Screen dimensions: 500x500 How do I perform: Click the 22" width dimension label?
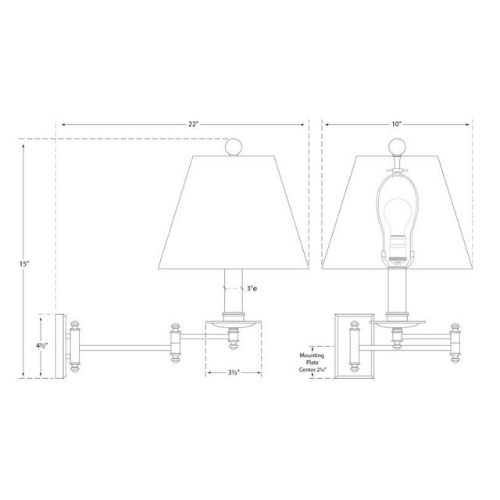point(193,124)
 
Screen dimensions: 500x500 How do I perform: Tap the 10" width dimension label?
point(396,124)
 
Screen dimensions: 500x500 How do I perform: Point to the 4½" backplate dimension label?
point(41,345)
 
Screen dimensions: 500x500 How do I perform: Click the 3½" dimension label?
point(234,373)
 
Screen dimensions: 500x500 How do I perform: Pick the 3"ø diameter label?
point(252,288)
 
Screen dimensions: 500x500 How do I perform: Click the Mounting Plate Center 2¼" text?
point(312,362)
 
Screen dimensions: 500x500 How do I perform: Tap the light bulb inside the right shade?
point(397,220)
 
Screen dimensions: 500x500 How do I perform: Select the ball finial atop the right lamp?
point(398,147)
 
